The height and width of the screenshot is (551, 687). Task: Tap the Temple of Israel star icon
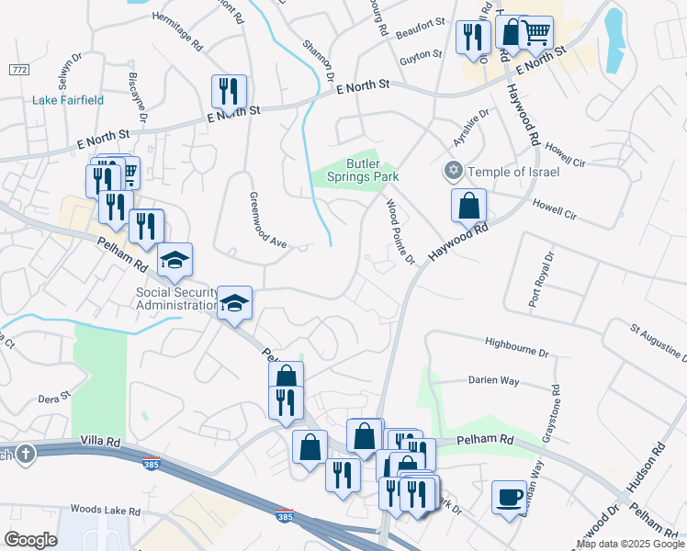(x=452, y=170)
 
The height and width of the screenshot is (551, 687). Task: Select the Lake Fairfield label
(x=68, y=99)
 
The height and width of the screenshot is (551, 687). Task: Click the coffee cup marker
(x=509, y=499)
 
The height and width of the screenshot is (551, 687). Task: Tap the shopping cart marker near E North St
(x=536, y=34)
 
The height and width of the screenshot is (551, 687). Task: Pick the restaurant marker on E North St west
(x=227, y=92)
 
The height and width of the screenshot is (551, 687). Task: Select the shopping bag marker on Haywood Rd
(x=468, y=206)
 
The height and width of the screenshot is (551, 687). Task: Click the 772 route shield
(x=18, y=70)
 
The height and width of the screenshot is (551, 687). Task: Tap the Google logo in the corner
(x=30, y=539)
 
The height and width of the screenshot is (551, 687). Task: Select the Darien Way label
(x=493, y=380)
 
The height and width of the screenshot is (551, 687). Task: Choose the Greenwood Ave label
(x=269, y=219)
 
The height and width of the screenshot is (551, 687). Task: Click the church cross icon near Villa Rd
(x=24, y=454)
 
